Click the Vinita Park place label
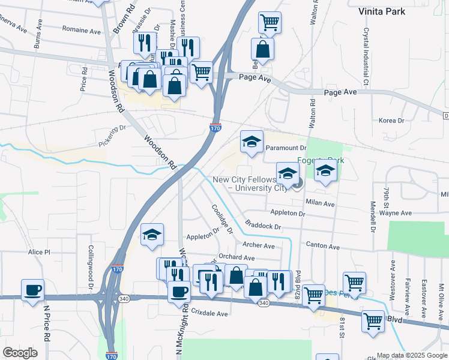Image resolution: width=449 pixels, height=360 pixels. pyautogui.click(x=398, y=11)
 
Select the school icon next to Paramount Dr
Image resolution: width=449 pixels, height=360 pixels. pyautogui.click(x=252, y=142)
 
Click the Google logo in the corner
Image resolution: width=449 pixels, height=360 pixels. pyautogui.click(x=20, y=353)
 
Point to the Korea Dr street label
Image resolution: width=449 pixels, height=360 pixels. pyautogui.click(x=392, y=121)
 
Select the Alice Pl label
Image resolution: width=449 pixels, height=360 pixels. pyautogui.click(x=39, y=253)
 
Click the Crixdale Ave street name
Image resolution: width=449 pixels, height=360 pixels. pyautogui.click(x=209, y=314)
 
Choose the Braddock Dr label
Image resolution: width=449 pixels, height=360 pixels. pyautogui.click(x=265, y=227)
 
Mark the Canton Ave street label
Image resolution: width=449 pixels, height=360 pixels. pyautogui.click(x=323, y=247)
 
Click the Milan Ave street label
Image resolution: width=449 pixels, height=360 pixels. pyautogui.click(x=320, y=203)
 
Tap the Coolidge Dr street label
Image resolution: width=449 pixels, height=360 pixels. pyautogui.click(x=221, y=220)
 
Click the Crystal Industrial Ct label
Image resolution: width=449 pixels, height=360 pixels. pyautogui.click(x=365, y=58)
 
